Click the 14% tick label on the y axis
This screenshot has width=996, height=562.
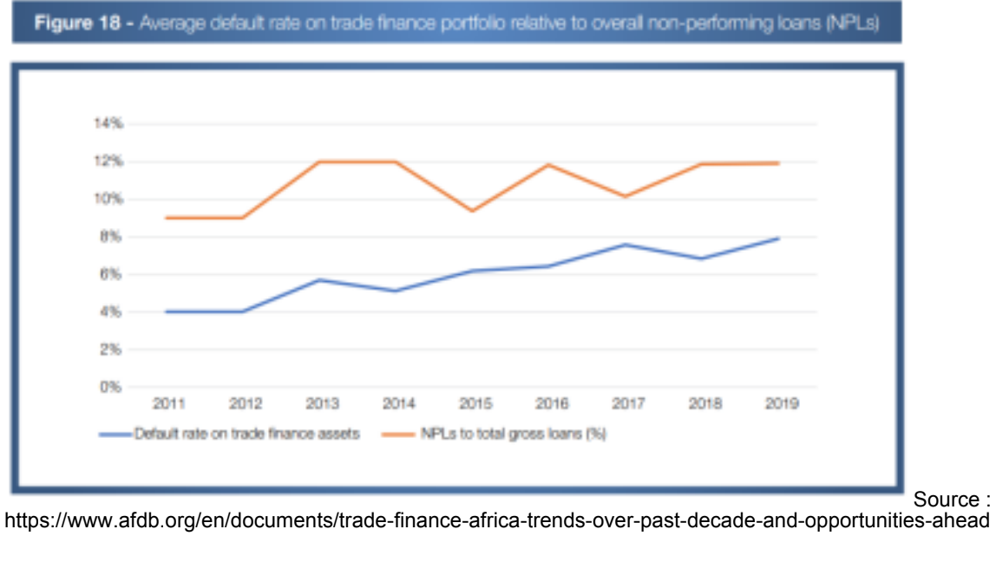(108, 123)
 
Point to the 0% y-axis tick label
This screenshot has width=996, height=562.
(110, 387)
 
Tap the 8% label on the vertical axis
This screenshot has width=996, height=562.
(110, 237)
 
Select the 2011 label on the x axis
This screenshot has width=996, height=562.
(169, 403)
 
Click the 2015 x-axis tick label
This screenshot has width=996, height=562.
(475, 403)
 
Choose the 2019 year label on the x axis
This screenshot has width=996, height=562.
(782, 403)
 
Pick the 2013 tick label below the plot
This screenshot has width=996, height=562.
(322, 403)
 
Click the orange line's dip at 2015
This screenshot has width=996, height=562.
(473, 211)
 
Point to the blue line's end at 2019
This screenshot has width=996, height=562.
(779, 239)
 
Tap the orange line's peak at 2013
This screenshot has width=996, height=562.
(320, 162)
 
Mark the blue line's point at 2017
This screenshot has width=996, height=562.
(626, 245)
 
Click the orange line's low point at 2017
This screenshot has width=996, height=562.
(626, 196)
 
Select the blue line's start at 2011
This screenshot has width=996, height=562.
(167, 312)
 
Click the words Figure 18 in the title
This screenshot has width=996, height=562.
(77, 23)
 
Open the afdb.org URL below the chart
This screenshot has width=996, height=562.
(497, 520)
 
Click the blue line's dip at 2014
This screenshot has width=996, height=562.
(396, 291)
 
